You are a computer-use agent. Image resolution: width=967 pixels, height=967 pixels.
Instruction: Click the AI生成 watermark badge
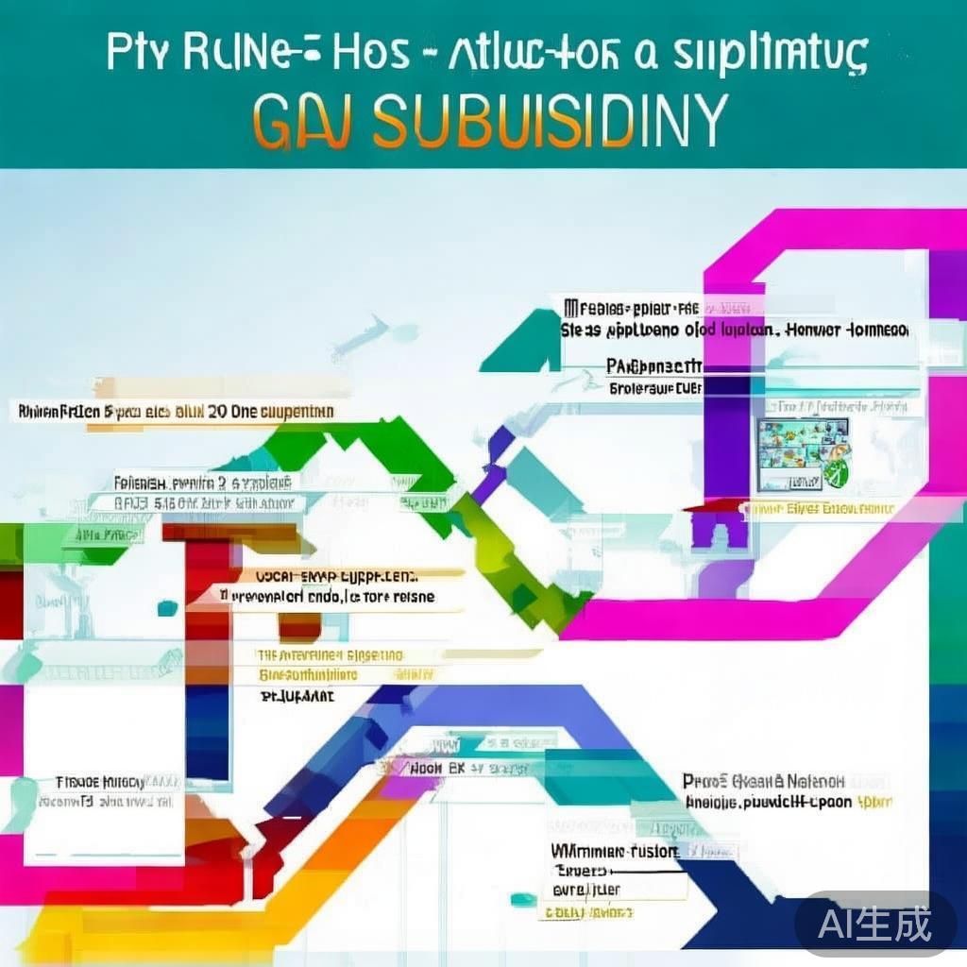pyautogui.click(x=874, y=923)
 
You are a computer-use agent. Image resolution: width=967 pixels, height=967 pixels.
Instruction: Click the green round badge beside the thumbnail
pyautogui.click(x=837, y=469)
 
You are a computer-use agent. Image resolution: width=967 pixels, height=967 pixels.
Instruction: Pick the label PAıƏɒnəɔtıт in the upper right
pyautogui.click(x=654, y=366)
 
